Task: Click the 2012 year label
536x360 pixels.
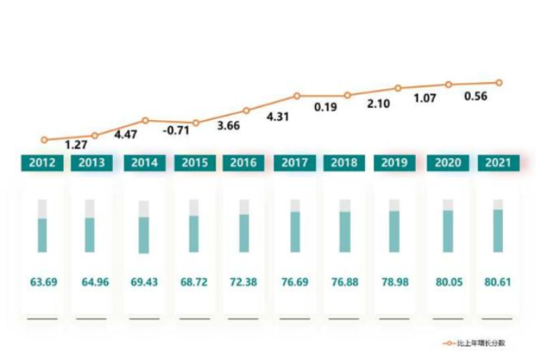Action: pyautogui.click(x=42, y=163)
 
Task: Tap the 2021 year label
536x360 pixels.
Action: pyautogui.click(x=498, y=163)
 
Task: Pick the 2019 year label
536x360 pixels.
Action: pyautogui.click(x=395, y=163)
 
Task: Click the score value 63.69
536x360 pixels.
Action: pyautogui.click(x=42, y=281)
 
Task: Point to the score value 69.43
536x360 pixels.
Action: pyautogui.click(x=144, y=281)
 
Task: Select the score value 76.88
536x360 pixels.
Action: pyautogui.click(x=345, y=281)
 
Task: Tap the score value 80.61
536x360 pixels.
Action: pyautogui.click(x=498, y=281)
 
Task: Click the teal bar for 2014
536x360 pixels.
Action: pyautogui.click(x=144, y=234)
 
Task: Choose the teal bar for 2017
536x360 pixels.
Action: pyautogui.click(x=295, y=231)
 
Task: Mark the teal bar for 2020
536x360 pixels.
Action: pyautogui.click(x=448, y=230)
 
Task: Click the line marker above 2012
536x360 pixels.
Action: pyautogui.click(x=44, y=140)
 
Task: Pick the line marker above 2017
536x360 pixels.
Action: pyautogui.click(x=297, y=95)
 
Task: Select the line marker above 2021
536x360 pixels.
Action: pyautogui.click(x=499, y=82)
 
